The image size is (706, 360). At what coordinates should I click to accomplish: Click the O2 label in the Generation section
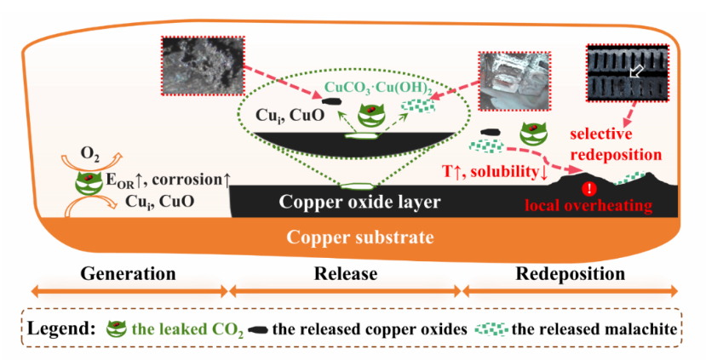click(x=89, y=153)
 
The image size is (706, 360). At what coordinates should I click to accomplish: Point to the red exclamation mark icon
click(x=587, y=189)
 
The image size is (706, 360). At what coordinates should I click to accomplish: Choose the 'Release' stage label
click(x=346, y=274)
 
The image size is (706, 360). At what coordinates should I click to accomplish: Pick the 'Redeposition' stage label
click(x=571, y=274)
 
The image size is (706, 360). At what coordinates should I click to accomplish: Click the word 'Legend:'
click(x=60, y=329)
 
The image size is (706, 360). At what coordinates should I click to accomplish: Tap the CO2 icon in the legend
click(x=118, y=328)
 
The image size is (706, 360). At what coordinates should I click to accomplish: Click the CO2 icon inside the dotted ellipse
click(x=369, y=114)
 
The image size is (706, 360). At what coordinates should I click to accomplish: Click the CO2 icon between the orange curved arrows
click(x=89, y=180)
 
